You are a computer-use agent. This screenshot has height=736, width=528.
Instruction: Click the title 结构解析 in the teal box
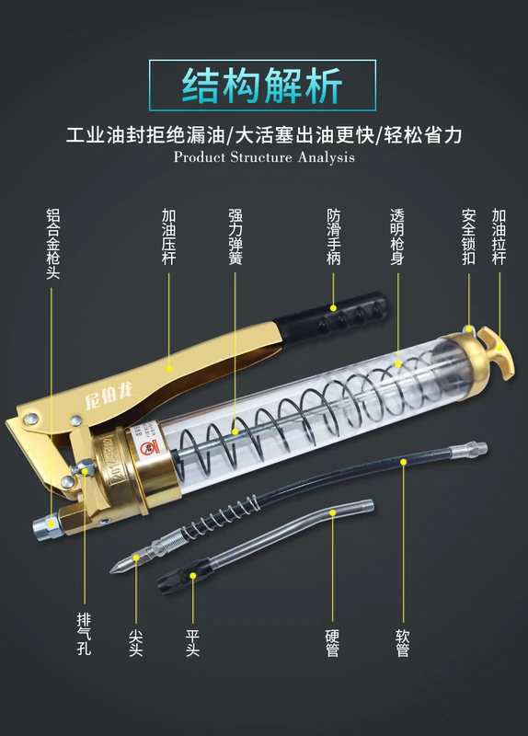262,86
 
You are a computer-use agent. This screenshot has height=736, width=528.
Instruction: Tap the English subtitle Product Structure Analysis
264,156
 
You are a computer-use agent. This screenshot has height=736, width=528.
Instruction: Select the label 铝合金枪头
53,244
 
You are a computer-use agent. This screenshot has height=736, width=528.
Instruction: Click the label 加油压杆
169,236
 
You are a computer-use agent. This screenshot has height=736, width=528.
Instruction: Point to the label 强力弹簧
235,236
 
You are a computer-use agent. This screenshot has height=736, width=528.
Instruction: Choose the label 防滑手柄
334,236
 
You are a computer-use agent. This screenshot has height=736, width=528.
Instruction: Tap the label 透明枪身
397,236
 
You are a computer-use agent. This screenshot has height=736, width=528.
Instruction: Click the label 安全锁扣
468,236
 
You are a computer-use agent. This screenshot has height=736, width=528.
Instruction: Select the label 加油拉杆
499,236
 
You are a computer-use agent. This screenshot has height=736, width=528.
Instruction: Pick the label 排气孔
85,634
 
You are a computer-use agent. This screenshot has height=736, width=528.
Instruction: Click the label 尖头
136,642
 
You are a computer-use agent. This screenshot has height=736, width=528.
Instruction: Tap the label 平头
193,642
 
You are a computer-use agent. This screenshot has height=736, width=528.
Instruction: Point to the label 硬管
332,642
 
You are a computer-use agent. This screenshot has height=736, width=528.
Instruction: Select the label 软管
403,642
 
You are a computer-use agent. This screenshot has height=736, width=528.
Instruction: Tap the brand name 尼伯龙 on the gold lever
109,396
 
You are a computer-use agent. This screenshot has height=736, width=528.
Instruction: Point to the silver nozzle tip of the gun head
47,527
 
